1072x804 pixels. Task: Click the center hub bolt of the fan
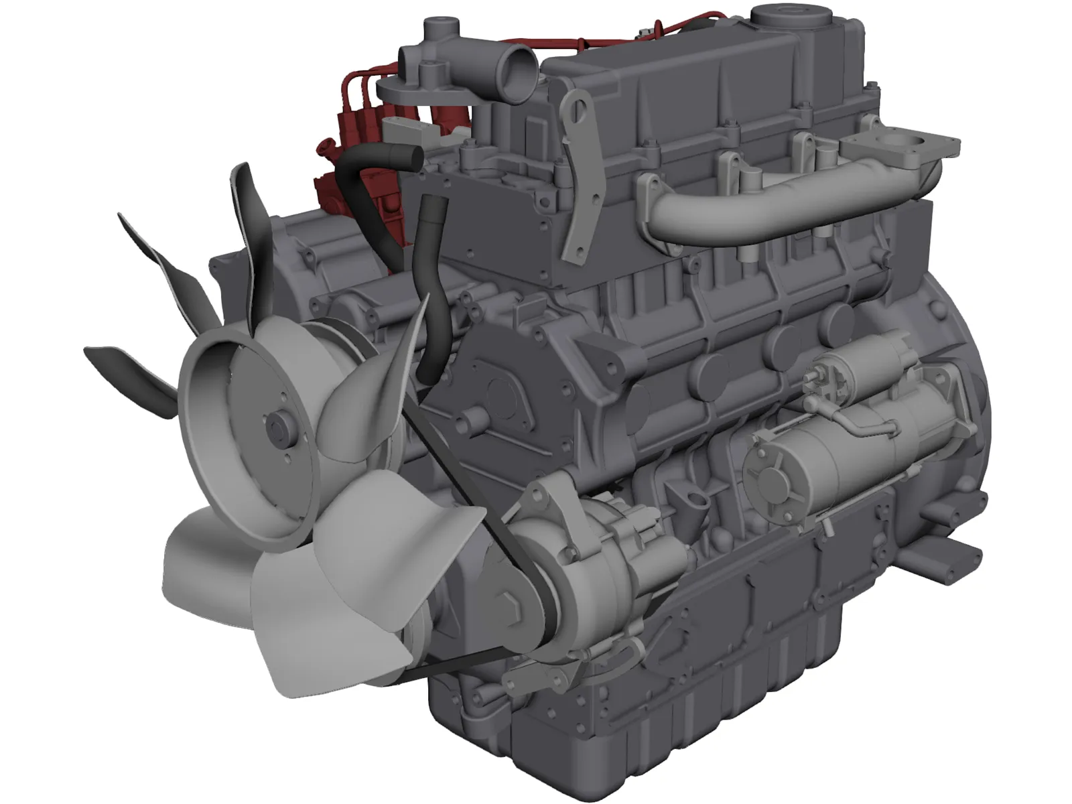coord(274,427)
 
